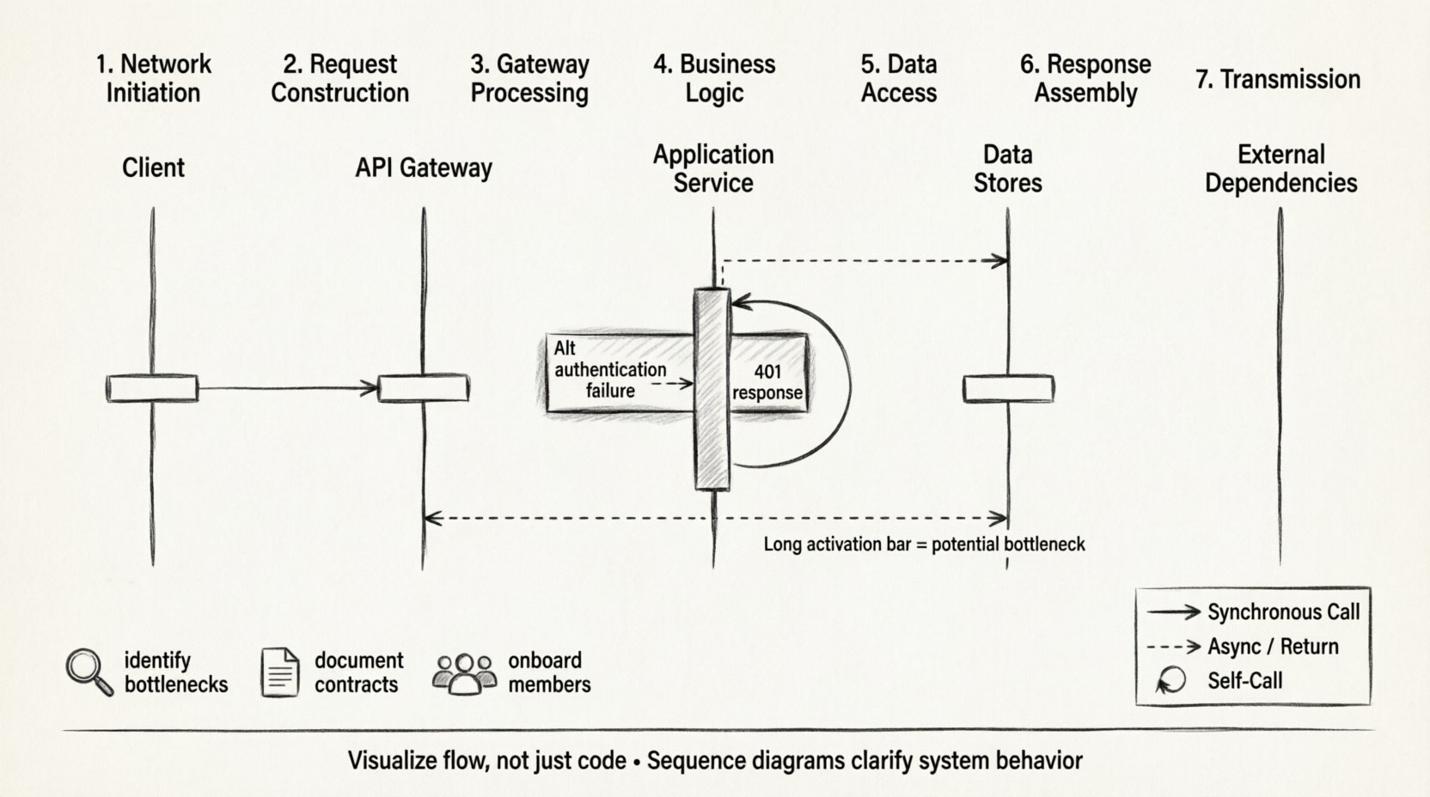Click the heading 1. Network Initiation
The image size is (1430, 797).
153,78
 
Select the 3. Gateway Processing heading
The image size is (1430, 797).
529,78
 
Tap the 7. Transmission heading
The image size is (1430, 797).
1278,80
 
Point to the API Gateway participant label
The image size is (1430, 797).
424,167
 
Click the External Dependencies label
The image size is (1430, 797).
1280,168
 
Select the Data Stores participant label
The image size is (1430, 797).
1007,168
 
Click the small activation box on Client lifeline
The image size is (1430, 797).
152,388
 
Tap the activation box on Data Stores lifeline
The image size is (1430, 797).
1008,388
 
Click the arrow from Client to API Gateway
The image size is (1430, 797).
288,389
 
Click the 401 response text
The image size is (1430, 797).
767,382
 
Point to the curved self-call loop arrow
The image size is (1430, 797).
846,386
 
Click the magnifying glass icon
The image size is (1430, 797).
89,672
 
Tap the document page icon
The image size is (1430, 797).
280,672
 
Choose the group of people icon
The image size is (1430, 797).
465,673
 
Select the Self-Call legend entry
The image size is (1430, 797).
1244,681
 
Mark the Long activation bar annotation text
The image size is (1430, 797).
924,545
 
